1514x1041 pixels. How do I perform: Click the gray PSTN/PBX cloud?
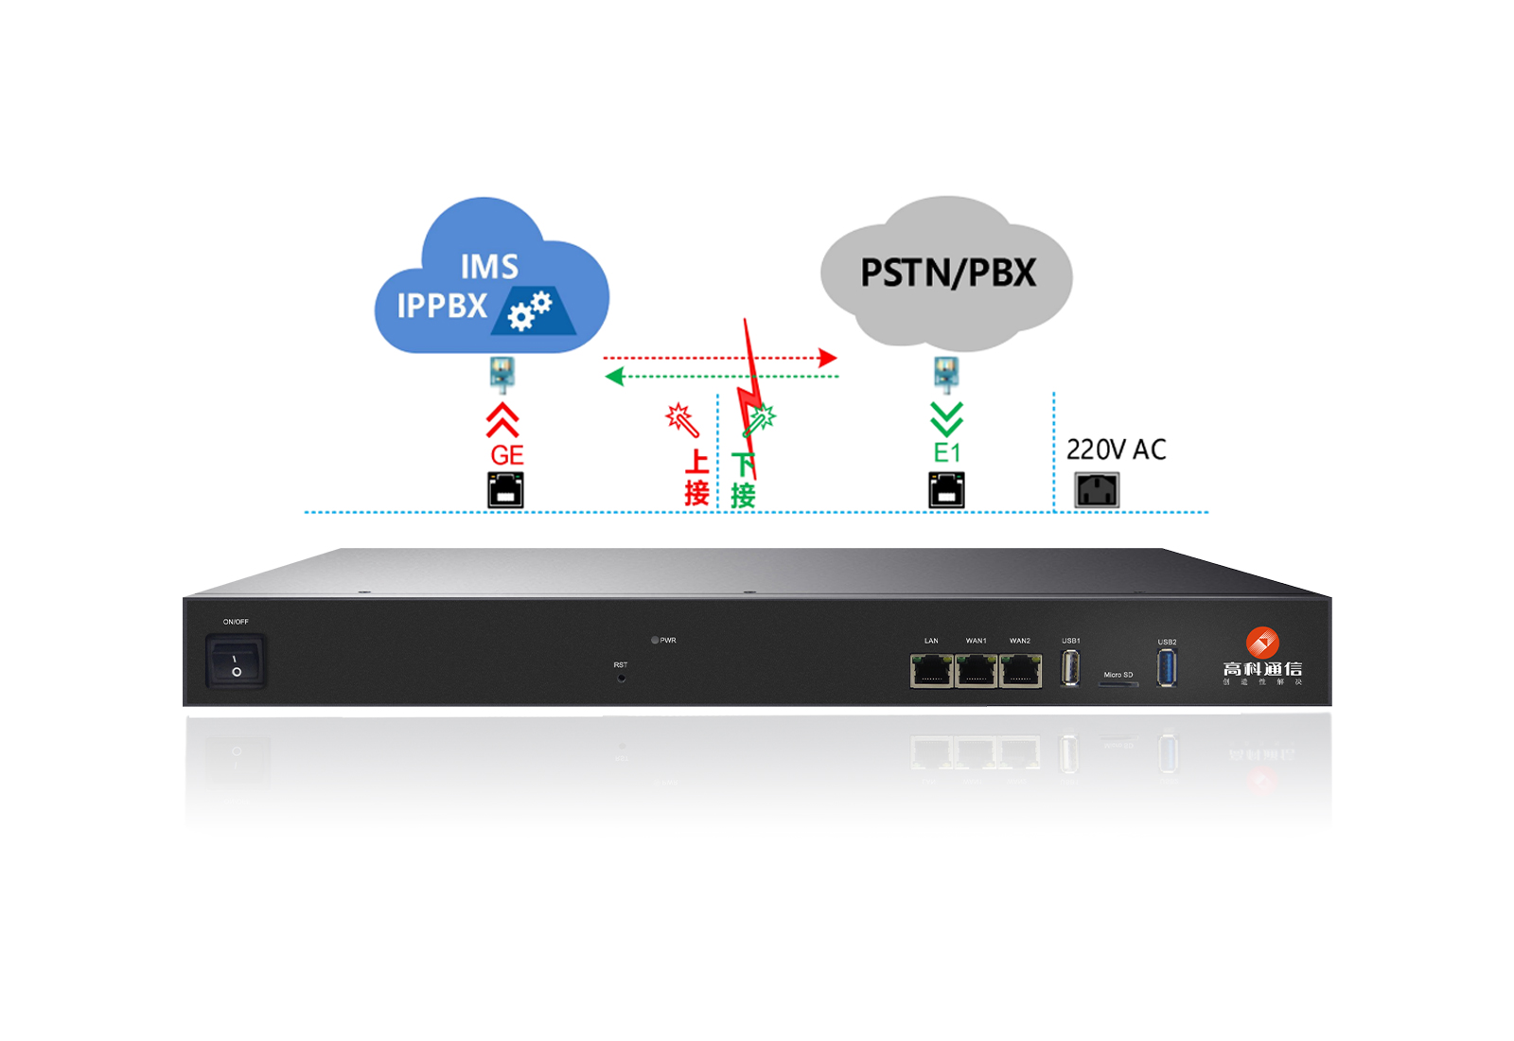coord(946,273)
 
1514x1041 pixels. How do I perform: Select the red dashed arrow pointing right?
coord(719,358)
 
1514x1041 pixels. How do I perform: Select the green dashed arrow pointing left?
coord(719,377)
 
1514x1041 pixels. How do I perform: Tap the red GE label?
coord(507,455)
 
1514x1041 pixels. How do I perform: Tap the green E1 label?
coord(947,453)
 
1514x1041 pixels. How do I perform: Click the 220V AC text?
coord(1116,450)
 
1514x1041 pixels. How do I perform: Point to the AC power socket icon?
coord(1097,490)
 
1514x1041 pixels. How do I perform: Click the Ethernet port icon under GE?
coord(505,490)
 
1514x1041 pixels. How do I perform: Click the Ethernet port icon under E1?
coord(946,490)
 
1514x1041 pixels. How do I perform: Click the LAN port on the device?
coord(931,671)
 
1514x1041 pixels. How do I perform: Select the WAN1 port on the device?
coord(976,671)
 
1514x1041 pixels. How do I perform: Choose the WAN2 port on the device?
coord(1020,671)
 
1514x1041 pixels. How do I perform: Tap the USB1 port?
coord(1071,668)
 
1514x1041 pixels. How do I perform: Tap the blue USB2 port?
coord(1168,668)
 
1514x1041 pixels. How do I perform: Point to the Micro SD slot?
coord(1118,683)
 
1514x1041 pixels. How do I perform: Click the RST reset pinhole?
coord(621,678)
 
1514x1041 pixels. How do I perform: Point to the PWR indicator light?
coord(655,641)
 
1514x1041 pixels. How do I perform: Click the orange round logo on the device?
coord(1262,643)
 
